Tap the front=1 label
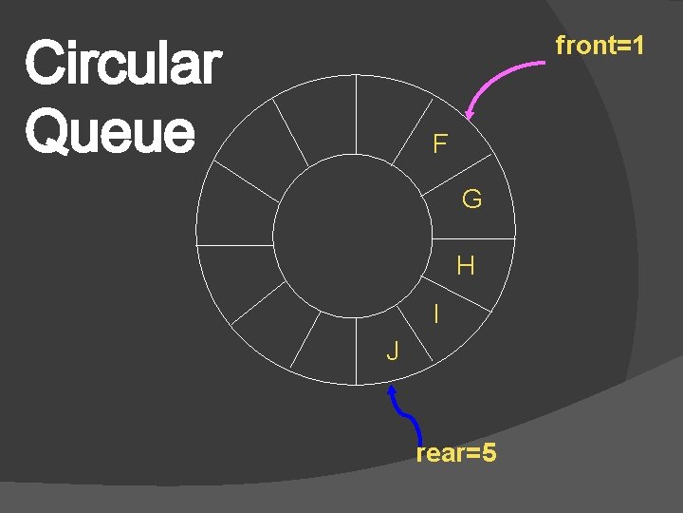(600, 45)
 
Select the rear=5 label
(455, 453)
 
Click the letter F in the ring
(440, 144)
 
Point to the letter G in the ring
(471, 199)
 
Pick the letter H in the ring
(465, 266)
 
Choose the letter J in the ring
(393, 351)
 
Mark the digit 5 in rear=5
(489, 453)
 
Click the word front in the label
(584, 45)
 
